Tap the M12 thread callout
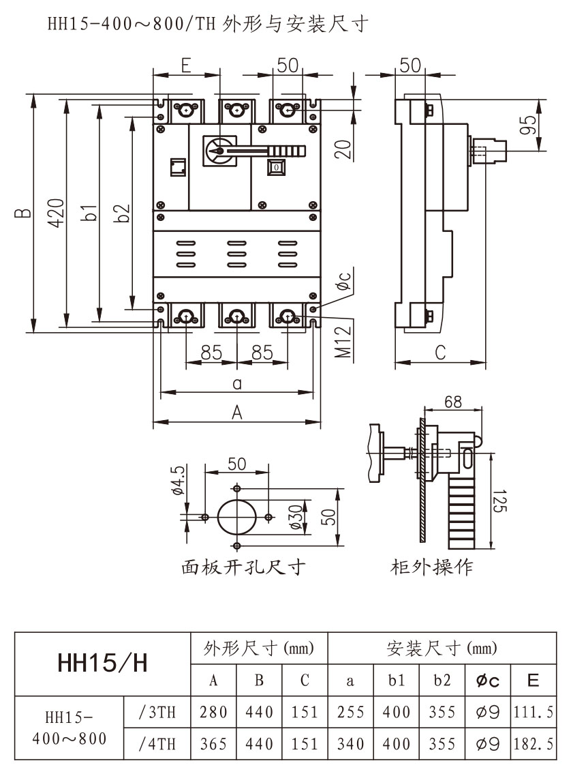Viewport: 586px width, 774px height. pos(345,341)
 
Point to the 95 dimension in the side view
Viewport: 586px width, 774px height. pos(527,125)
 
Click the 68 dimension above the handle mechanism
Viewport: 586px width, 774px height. pos(453,402)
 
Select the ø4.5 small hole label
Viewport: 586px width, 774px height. pos(178,480)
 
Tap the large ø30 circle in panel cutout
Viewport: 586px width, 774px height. pos(236,517)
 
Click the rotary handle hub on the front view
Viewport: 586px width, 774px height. pos(218,150)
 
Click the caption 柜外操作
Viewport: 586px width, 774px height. pos(432,567)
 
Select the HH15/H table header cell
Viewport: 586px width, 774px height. pos(103,663)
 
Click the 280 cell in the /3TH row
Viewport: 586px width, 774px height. pos(213,713)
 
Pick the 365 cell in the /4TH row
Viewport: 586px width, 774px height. pos(213,743)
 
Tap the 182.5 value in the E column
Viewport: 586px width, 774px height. pos(534,743)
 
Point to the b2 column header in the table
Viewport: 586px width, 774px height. pos(442,680)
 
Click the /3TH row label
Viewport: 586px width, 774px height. pos(157,713)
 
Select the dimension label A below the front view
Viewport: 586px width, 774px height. pos(237,412)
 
